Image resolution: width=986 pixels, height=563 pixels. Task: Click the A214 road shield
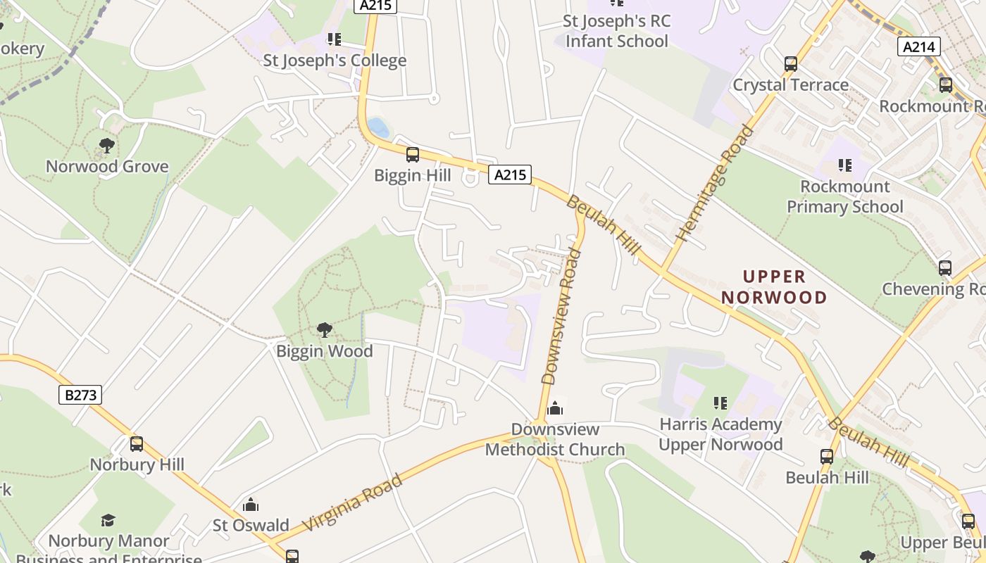click(x=919, y=47)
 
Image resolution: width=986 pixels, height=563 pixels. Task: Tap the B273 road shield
click(x=80, y=395)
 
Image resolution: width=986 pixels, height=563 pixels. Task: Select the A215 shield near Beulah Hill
click(x=510, y=175)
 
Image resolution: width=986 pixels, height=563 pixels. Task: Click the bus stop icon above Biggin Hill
click(x=413, y=154)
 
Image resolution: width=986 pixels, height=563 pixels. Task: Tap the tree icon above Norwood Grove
click(x=107, y=146)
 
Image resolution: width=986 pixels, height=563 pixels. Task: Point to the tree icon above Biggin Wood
click(x=325, y=329)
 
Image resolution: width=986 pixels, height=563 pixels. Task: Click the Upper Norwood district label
click(x=774, y=286)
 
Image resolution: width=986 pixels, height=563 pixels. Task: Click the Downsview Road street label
click(x=562, y=315)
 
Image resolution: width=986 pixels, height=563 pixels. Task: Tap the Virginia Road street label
click(x=353, y=502)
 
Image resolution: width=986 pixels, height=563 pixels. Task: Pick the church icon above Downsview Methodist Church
click(x=555, y=408)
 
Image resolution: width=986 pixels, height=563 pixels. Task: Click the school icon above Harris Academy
click(x=720, y=403)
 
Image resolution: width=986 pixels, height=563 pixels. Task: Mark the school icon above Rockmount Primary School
click(x=844, y=165)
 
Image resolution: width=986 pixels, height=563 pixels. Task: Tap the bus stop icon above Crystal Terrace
click(x=790, y=64)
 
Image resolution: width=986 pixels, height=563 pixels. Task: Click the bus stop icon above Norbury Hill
click(x=137, y=443)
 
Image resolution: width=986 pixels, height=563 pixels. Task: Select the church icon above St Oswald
click(x=250, y=505)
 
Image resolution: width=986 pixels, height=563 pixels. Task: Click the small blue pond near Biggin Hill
click(x=378, y=127)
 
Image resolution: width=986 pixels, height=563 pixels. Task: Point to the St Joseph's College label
click(x=335, y=61)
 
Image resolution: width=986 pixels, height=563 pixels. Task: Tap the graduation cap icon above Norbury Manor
click(x=108, y=520)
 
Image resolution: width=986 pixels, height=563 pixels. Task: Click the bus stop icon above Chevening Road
click(x=945, y=267)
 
